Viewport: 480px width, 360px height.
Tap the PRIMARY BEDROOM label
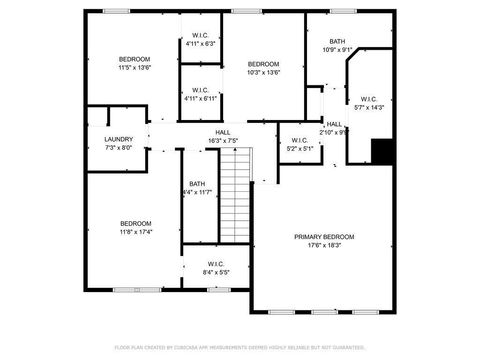(x=324, y=237)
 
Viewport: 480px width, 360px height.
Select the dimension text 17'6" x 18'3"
(x=324, y=246)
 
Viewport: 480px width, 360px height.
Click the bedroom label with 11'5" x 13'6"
(x=135, y=60)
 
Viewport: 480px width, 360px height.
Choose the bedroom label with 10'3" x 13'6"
(x=264, y=63)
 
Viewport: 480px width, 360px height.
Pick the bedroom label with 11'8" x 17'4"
(x=136, y=223)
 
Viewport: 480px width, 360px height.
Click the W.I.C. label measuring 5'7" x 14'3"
(x=368, y=99)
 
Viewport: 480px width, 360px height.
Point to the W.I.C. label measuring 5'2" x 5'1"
(x=299, y=140)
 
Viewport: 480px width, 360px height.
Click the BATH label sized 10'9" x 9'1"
(x=337, y=41)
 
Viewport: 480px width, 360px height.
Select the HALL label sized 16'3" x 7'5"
(x=223, y=132)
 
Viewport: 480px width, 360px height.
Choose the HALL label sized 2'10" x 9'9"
(x=333, y=124)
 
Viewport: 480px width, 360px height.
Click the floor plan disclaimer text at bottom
(x=240, y=347)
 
